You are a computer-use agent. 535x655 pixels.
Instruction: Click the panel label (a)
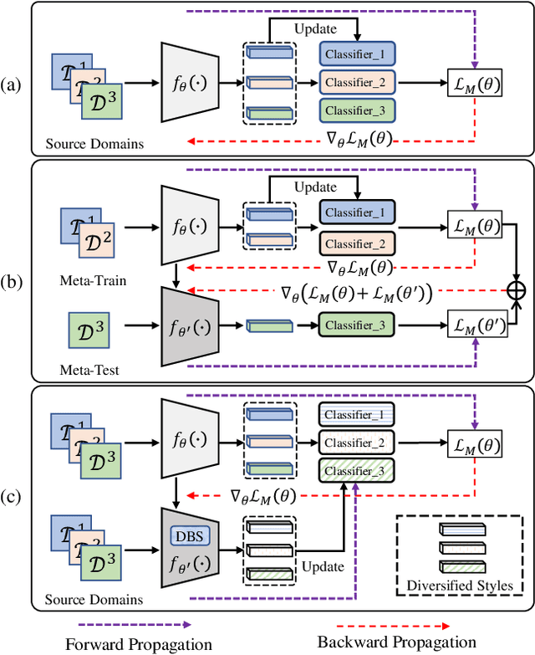(13, 84)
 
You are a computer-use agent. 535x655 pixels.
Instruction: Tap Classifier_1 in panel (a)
(357, 54)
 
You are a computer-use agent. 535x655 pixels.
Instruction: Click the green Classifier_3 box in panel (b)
(357, 325)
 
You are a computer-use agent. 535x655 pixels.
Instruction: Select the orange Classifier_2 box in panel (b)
(357, 243)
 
